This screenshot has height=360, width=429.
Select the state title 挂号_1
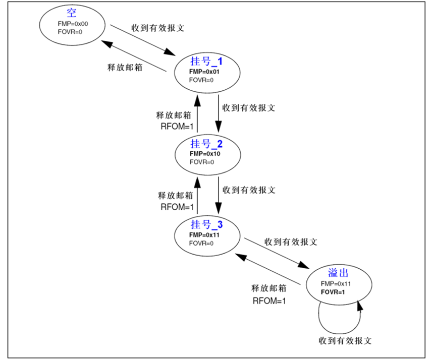[205, 61]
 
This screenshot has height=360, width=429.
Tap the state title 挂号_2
[205, 144]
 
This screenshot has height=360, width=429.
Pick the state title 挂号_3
[205, 225]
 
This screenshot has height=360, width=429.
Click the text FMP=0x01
[205, 72]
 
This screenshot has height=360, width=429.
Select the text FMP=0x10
[205, 154]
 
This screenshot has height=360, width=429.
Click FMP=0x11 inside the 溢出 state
[336, 284]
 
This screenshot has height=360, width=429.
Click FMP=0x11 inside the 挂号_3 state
[205, 235]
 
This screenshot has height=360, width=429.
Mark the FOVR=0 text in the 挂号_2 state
[202, 162]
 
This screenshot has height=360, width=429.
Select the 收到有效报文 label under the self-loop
[345, 340]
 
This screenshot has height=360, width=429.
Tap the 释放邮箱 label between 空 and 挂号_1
[124, 67]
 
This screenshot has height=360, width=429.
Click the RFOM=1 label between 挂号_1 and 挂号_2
[174, 126]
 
